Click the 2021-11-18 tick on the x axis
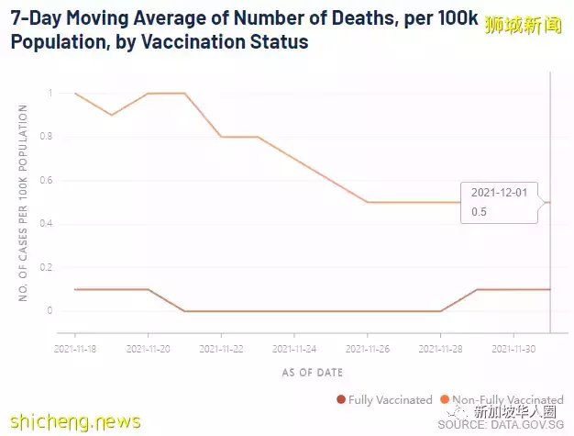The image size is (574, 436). click(x=75, y=349)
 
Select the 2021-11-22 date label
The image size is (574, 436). click(x=220, y=349)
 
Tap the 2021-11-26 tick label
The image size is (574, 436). click(x=367, y=349)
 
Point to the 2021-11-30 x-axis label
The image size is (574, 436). click(x=513, y=349)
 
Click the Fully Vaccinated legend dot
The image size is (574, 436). click(x=341, y=399)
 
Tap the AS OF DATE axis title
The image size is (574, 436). click(x=313, y=372)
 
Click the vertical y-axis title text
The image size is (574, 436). click(x=23, y=202)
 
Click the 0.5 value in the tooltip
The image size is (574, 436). click(x=479, y=212)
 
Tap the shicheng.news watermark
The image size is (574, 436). click(x=71, y=421)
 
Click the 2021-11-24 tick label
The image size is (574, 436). click(x=293, y=349)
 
